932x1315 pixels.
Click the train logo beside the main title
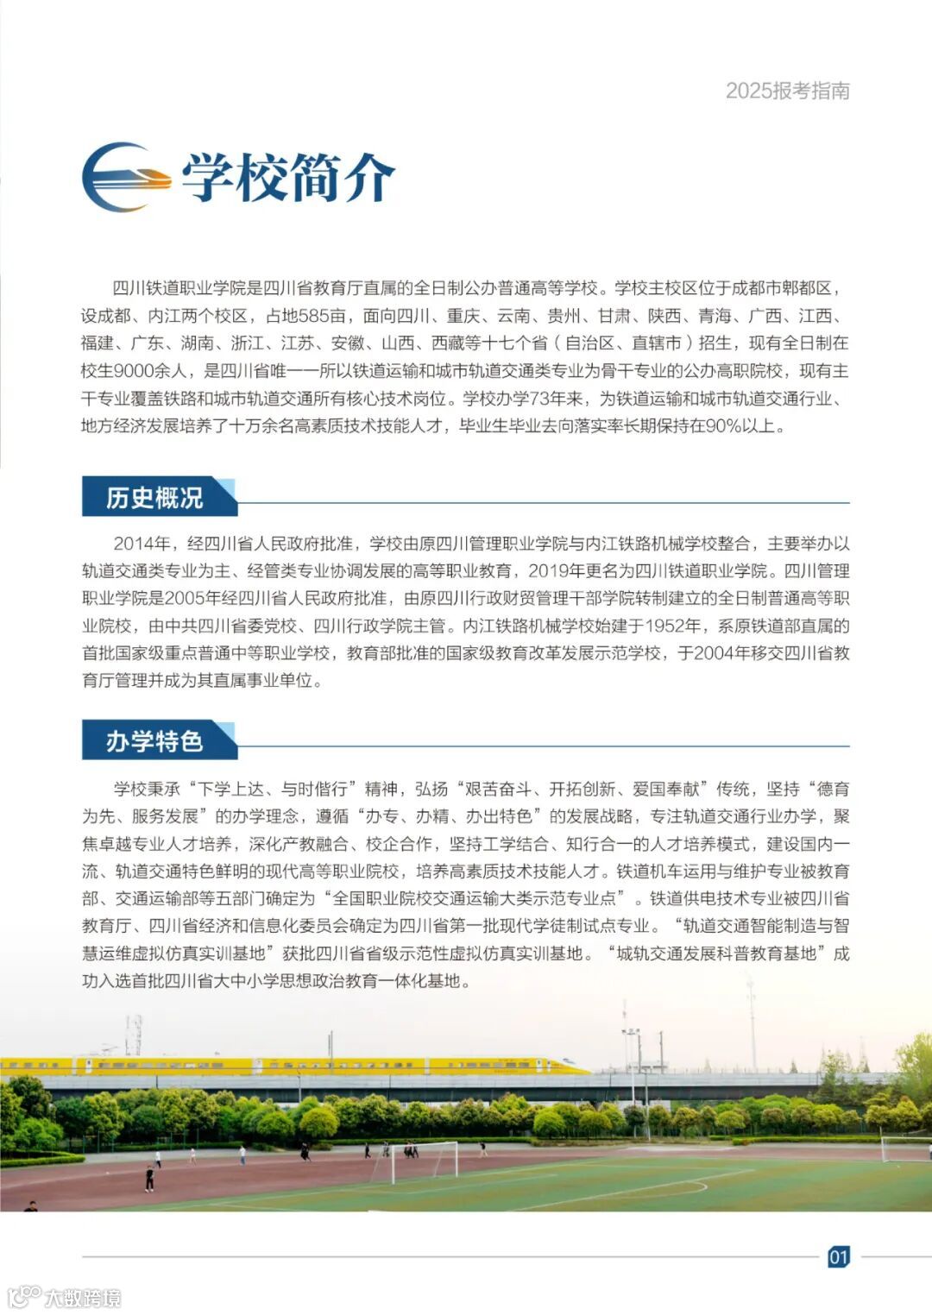(x=126, y=177)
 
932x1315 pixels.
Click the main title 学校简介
(x=287, y=178)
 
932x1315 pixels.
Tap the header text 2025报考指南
(x=787, y=91)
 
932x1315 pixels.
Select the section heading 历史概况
(x=154, y=498)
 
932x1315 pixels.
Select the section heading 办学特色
(x=154, y=741)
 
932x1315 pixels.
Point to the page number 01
(x=838, y=1256)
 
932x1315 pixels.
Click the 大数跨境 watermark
(x=65, y=1297)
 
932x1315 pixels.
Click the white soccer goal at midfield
(x=425, y=1161)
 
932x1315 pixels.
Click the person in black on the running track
(x=149, y=1178)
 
